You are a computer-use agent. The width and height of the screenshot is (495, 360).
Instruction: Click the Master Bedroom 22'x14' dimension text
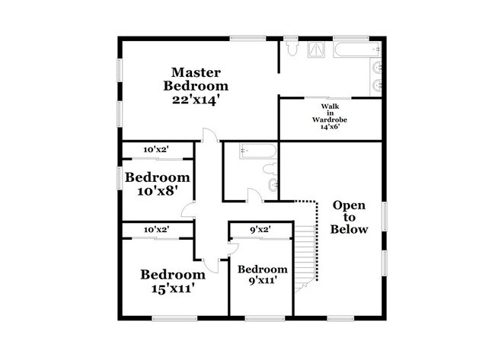click(196, 100)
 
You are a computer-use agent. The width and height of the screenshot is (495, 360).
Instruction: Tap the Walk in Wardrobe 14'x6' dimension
click(330, 126)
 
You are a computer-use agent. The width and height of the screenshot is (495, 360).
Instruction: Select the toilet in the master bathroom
click(292, 49)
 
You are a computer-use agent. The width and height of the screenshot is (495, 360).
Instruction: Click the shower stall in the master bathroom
click(316, 50)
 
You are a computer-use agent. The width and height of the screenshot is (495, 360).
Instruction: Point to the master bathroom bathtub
click(356, 49)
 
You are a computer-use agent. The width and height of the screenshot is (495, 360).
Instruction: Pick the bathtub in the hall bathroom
click(258, 151)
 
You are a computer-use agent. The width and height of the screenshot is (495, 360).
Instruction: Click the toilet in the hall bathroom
click(270, 169)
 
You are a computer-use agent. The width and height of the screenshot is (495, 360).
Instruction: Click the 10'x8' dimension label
click(156, 190)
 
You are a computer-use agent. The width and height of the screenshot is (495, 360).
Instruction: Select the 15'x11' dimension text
click(172, 288)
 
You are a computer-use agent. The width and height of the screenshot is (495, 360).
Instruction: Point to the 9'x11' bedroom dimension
click(263, 279)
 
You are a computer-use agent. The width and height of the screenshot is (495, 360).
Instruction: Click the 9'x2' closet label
click(260, 230)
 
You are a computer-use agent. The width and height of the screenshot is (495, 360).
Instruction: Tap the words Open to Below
click(349, 217)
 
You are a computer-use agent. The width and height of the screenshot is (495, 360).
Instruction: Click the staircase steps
click(305, 256)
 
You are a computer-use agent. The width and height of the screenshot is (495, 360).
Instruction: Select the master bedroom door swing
click(210, 135)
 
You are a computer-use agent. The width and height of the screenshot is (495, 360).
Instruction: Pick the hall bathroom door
click(255, 195)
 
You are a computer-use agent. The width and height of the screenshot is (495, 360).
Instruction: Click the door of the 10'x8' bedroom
click(188, 209)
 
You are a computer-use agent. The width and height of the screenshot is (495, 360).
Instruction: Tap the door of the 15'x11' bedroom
click(211, 266)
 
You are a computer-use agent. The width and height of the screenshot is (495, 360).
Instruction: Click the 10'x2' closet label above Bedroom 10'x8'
click(156, 149)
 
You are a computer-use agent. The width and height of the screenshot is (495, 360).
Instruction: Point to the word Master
click(196, 72)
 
